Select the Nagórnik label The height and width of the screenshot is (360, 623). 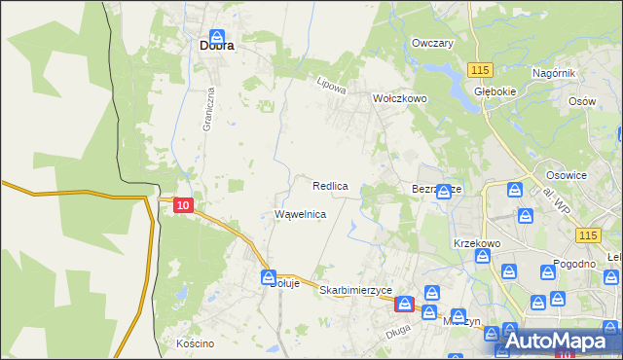[x=555, y=73]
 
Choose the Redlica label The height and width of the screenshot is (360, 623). [x=331, y=185]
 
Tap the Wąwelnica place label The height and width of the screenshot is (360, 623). [x=300, y=213]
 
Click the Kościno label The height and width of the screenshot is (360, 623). [x=195, y=343]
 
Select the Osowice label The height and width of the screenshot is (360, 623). [x=567, y=175]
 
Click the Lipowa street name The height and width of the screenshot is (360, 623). [x=332, y=86]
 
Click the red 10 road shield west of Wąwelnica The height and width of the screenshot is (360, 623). [x=183, y=204]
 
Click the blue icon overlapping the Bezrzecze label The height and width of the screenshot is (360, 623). [x=444, y=191]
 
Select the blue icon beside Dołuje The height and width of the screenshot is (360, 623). [x=269, y=277]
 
